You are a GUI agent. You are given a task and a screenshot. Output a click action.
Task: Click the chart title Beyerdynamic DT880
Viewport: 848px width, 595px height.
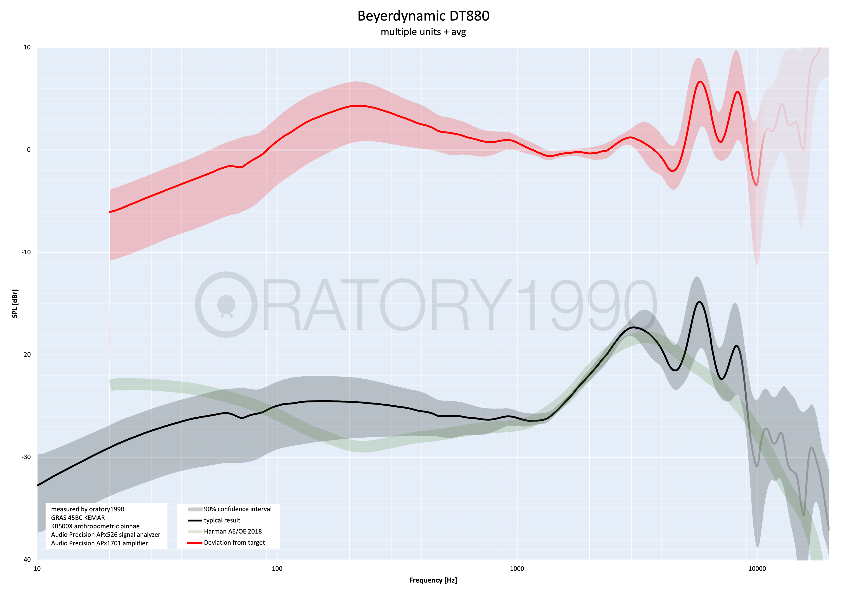click(423, 16)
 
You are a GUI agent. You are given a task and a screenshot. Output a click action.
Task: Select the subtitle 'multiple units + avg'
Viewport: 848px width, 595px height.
click(423, 32)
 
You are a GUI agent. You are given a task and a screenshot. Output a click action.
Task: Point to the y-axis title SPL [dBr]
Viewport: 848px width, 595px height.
click(15, 303)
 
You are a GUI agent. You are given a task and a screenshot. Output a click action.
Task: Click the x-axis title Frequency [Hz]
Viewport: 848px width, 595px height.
click(433, 580)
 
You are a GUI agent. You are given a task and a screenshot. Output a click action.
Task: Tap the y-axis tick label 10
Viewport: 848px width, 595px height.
click(27, 47)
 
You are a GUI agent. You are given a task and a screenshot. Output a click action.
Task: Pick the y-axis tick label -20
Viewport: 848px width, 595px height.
click(26, 355)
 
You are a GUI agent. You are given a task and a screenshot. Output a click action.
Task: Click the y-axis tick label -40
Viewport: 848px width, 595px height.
click(26, 559)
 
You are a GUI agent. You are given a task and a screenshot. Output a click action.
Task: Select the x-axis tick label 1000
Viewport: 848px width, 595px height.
click(517, 569)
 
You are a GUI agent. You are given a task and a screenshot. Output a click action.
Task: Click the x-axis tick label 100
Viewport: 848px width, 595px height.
click(277, 569)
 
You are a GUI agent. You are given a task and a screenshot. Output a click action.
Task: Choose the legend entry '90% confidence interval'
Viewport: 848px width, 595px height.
click(237, 509)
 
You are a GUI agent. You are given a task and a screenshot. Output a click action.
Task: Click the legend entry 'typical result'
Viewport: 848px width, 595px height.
click(222, 520)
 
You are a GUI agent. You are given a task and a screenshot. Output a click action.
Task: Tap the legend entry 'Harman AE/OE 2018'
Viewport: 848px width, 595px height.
click(233, 531)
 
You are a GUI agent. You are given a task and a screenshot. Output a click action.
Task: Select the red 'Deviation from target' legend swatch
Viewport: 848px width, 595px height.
click(195, 543)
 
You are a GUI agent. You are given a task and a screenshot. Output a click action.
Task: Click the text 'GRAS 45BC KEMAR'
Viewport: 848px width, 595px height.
click(78, 518)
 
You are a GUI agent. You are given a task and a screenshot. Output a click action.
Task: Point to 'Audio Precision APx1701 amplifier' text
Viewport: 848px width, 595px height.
click(99, 543)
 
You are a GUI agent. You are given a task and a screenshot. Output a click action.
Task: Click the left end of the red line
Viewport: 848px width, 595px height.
click(110, 212)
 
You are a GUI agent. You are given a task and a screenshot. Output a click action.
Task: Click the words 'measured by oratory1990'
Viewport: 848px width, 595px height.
click(87, 509)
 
